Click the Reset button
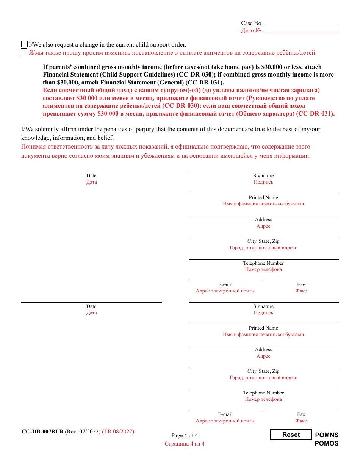coord(291,435)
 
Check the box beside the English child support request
coord(25,44)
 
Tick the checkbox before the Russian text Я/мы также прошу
coord(24,52)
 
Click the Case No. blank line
coord(301,23)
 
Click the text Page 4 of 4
coord(185,435)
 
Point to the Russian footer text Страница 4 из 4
coord(185,444)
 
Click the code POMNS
coord(327,435)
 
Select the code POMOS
coord(327,443)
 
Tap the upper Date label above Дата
coord(91,176)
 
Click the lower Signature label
coord(263,306)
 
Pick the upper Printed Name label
coord(263,198)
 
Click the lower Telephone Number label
coord(263,393)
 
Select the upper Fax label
coord(301,285)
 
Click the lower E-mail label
coord(225,414)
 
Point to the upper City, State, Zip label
coord(263,241)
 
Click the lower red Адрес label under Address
coord(263,356)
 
